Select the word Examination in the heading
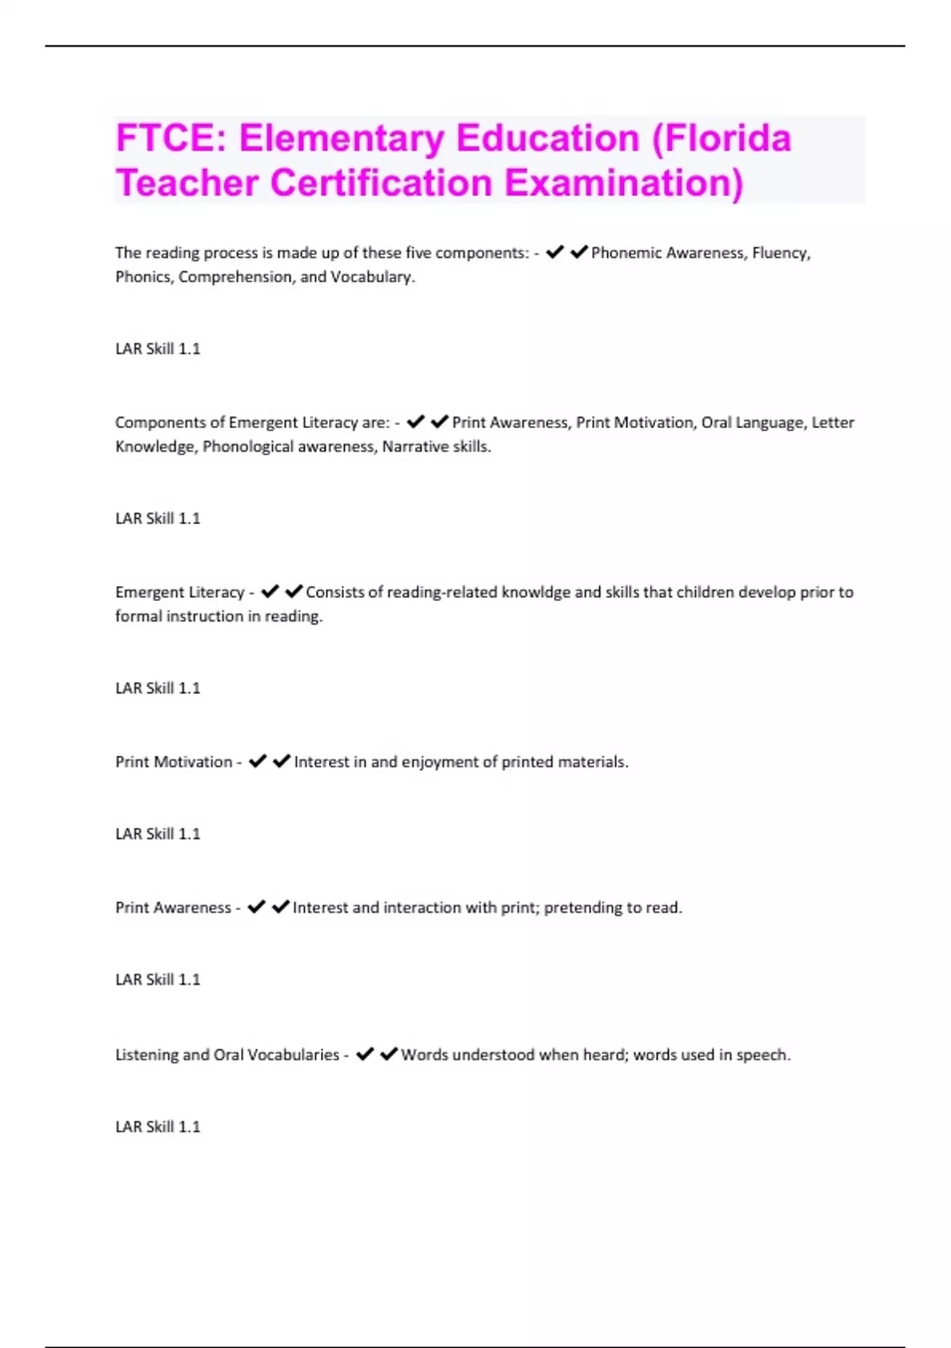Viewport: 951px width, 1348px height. point(624,182)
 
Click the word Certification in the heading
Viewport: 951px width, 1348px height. point(381,182)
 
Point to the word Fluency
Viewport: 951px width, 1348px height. point(781,253)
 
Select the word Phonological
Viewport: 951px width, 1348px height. point(248,446)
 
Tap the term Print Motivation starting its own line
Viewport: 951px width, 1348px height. point(174,762)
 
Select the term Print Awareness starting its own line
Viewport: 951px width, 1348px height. point(173,908)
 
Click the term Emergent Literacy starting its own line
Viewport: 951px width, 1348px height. point(180,592)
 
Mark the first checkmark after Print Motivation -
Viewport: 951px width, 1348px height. point(258,761)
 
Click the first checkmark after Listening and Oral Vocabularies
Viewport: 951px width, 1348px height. point(365,1054)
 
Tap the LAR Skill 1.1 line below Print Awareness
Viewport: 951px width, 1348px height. point(158,980)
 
